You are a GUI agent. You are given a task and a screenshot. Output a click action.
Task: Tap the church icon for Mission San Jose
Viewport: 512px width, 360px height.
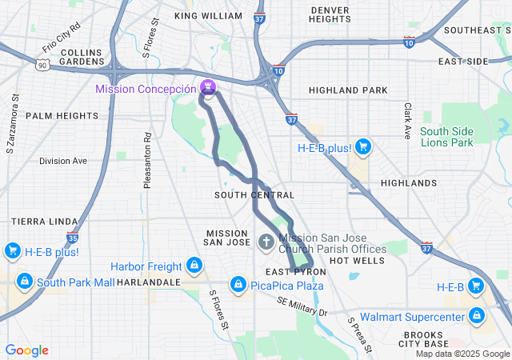pyautogui.click(x=268, y=241)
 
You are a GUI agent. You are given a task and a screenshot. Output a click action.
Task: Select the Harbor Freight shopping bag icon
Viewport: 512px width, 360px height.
pyautogui.click(x=193, y=265)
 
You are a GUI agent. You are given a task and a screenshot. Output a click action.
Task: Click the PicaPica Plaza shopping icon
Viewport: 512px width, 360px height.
pyautogui.click(x=238, y=284)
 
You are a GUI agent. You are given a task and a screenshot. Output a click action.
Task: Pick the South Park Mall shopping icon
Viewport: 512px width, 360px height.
pyautogui.click(x=25, y=282)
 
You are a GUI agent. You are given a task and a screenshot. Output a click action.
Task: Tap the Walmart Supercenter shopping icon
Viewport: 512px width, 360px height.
pyautogui.click(x=477, y=316)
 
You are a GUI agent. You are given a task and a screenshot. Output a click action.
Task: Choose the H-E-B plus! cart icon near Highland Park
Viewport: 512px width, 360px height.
pyautogui.click(x=363, y=146)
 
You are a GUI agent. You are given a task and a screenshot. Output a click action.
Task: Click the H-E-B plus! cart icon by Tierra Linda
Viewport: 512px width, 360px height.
pyautogui.click(x=12, y=251)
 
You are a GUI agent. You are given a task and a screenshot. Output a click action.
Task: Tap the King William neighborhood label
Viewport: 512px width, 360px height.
pyautogui.click(x=208, y=16)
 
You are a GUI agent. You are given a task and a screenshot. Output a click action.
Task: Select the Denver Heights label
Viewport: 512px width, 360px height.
pyautogui.click(x=330, y=14)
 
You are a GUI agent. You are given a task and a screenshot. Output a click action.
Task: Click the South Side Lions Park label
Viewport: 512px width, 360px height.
pyautogui.click(x=446, y=137)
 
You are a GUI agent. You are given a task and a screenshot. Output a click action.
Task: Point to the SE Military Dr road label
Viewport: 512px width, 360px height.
pyautogui.click(x=302, y=305)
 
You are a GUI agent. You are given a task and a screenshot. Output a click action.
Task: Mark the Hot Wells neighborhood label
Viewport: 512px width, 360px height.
pyautogui.click(x=351, y=261)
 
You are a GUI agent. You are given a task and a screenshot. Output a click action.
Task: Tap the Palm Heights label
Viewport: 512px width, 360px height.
pyautogui.click(x=62, y=115)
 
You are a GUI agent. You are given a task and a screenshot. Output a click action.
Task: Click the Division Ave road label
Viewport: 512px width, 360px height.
pyautogui.click(x=62, y=161)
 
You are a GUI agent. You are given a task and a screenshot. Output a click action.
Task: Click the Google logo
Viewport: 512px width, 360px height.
pyautogui.click(x=26, y=350)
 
